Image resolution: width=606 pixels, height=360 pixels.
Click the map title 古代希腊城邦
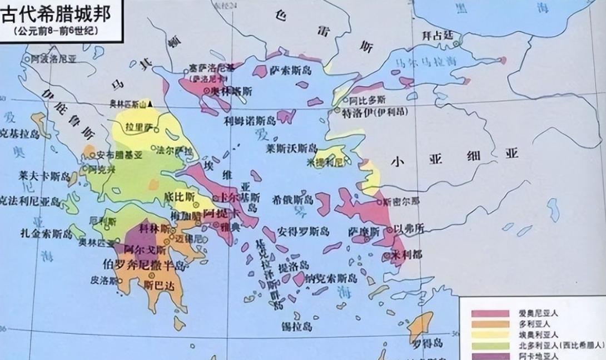click(56, 13)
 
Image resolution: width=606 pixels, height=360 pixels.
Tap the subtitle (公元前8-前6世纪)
click(56, 31)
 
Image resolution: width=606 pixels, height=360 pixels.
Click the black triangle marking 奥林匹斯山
click(150, 104)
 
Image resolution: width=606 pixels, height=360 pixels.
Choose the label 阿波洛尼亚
click(52, 59)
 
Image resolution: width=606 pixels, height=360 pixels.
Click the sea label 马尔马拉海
click(426, 61)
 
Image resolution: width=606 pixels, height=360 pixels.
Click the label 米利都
click(409, 255)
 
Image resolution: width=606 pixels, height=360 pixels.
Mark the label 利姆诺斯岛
click(250, 120)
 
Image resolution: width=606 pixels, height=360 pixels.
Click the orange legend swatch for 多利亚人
click(490, 324)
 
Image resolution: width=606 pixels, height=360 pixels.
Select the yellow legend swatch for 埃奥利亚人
click(490, 334)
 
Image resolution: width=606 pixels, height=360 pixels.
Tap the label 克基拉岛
click(20, 134)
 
